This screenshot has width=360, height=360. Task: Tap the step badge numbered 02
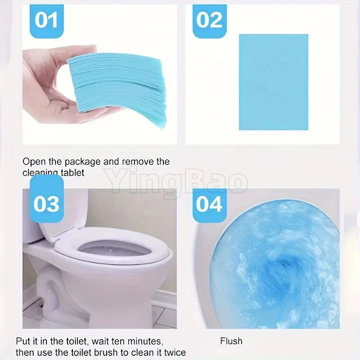[210, 21]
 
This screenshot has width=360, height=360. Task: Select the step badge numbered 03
[46, 203]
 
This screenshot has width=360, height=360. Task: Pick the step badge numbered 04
[210, 203]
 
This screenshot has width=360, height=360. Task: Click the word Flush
[231, 341]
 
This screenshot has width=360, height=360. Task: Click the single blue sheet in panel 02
[273, 82]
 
